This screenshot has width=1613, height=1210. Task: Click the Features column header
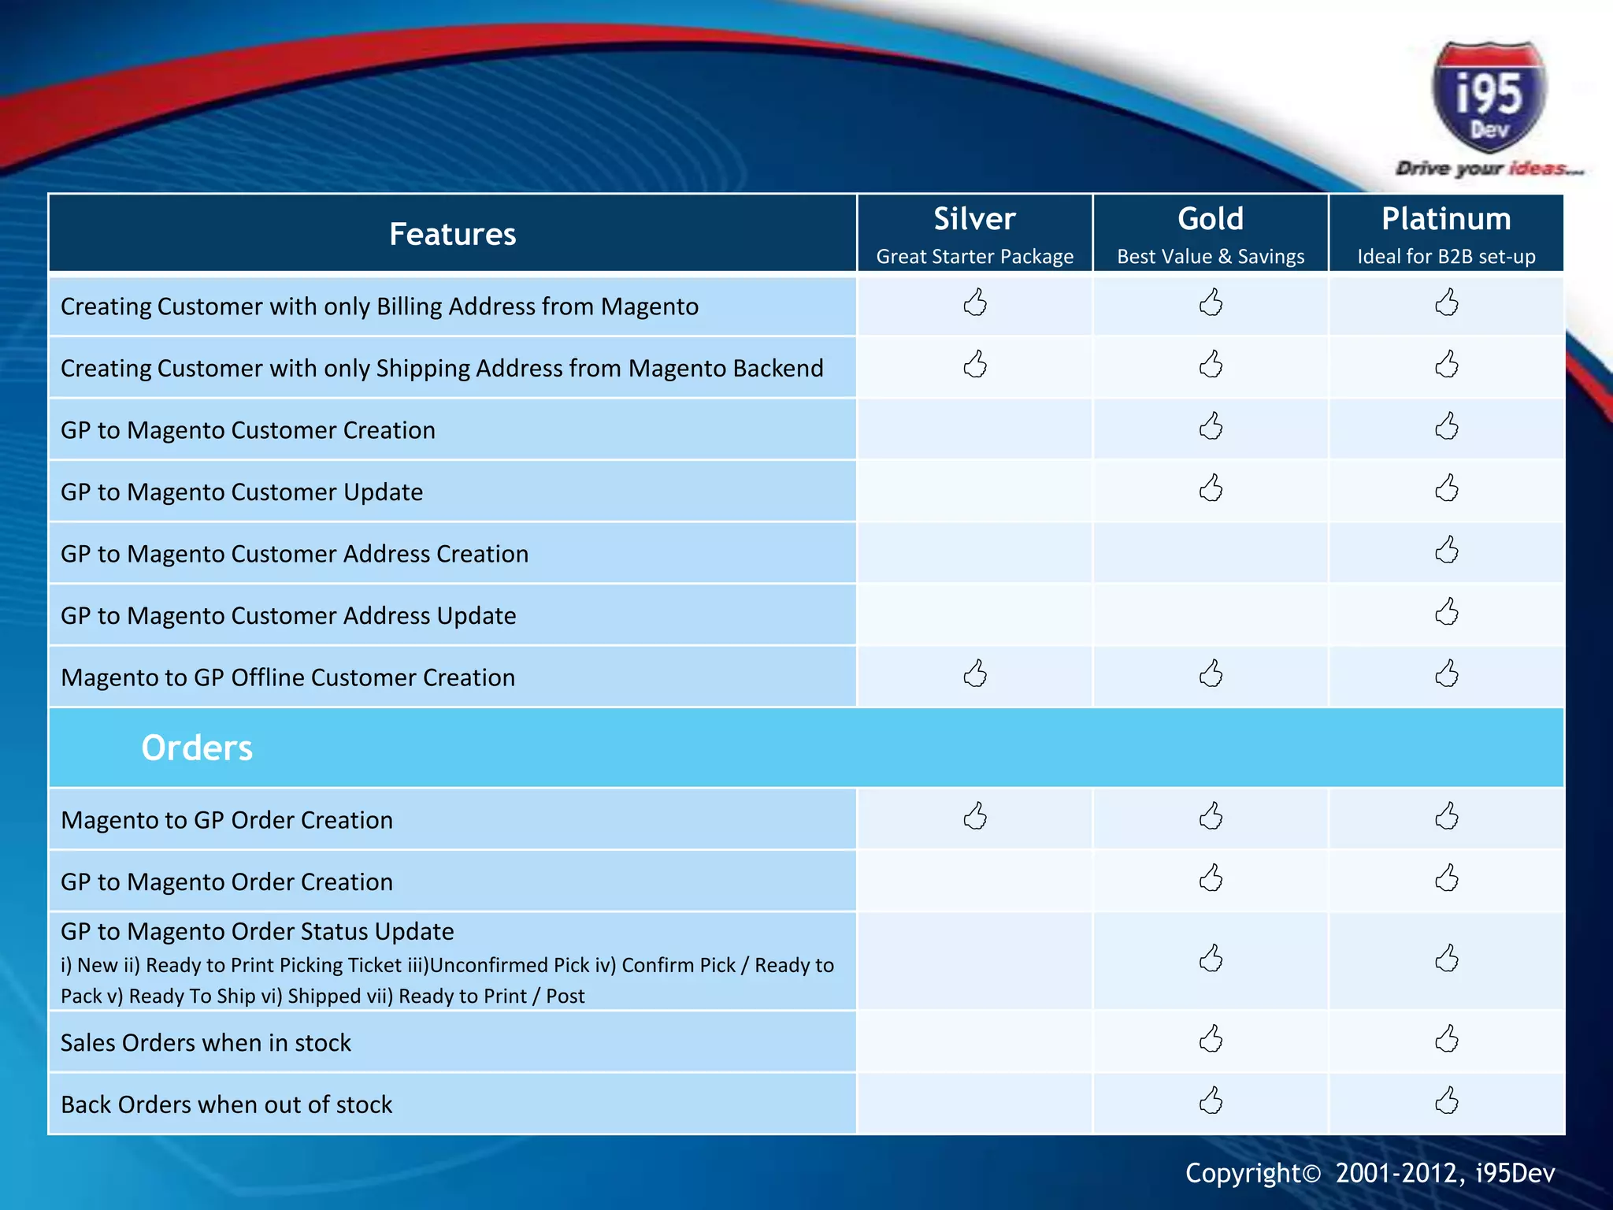click(x=452, y=234)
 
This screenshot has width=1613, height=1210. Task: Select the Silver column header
click(x=974, y=219)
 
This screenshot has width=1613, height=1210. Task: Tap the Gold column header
click(x=1211, y=219)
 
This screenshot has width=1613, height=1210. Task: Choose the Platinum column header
click(x=1446, y=219)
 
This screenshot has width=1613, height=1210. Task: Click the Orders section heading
click(x=197, y=748)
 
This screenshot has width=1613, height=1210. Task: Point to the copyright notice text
click(x=1370, y=1173)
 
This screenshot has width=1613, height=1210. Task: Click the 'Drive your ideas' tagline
click(x=1489, y=169)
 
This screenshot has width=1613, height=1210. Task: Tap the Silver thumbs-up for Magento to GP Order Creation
click(x=975, y=817)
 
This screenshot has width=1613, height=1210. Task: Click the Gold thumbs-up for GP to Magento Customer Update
click(x=1211, y=488)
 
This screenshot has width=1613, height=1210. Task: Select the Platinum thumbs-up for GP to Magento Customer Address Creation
click(x=1447, y=551)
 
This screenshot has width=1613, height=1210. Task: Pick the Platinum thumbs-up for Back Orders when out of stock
click(x=1447, y=1101)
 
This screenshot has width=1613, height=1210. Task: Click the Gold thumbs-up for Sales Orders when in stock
click(x=1211, y=1039)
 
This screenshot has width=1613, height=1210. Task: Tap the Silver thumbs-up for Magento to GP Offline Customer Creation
click(x=975, y=674)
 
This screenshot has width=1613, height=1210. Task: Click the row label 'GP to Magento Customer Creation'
click(x=248, y=430)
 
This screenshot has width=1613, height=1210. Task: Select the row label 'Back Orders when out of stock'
click(x=227, y=1104)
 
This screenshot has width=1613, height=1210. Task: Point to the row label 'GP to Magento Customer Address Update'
click(x=288, y=615)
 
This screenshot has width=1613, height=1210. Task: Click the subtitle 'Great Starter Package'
click(x=974, y=257)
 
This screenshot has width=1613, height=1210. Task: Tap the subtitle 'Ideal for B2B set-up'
click(x=1446, y=257)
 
